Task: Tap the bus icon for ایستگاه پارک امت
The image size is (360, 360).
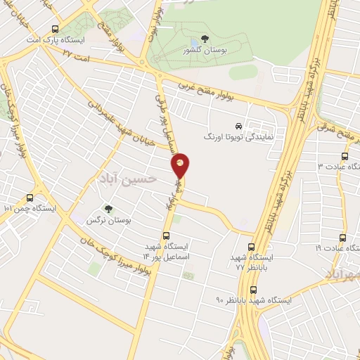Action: point(56,30)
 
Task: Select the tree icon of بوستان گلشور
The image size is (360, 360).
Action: point(204,39)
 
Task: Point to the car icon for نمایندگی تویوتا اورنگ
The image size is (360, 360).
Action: point(239,126)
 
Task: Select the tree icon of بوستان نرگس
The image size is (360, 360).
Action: point(108,209)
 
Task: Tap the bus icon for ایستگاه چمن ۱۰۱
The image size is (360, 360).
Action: point(29,198)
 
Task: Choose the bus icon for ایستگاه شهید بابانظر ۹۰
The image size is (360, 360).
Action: point(253,290)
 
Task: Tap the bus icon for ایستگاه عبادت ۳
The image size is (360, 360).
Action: point(344,156)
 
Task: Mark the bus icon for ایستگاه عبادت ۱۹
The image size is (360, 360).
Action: point(342,238)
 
